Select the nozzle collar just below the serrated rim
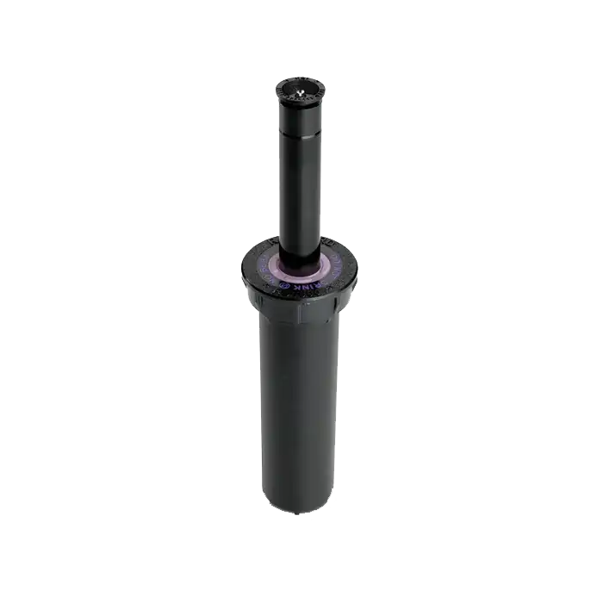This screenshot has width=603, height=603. [x=299, y=109]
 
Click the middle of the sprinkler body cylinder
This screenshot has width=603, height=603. [x=299, y=405]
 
